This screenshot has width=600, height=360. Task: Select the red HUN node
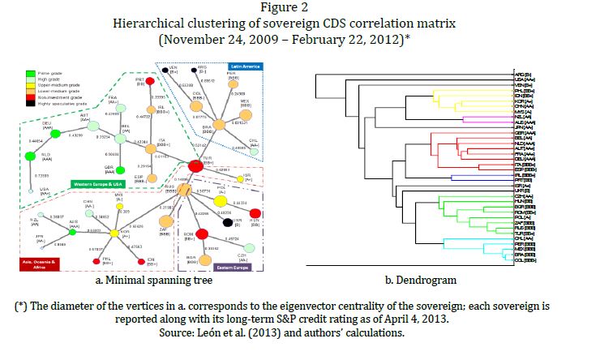click(x=254, y=213)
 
